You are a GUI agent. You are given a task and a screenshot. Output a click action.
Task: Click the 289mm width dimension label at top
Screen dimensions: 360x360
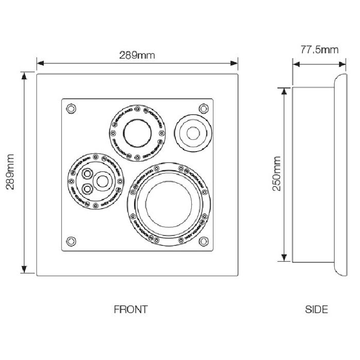pos(137,55)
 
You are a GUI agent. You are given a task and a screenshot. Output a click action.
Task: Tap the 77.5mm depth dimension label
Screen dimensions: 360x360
pos(319,49)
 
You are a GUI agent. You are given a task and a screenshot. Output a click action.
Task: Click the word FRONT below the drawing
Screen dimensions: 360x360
pos(131,310)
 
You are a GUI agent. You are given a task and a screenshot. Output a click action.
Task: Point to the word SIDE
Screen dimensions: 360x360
pos(316,310)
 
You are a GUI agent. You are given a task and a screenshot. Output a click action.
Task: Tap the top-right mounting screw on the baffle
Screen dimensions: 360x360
pos(203,108)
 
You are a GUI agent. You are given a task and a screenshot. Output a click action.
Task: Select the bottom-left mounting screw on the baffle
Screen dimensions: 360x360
pos(71,240)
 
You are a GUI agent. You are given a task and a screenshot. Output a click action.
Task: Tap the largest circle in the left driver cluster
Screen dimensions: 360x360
pos(102,181)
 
